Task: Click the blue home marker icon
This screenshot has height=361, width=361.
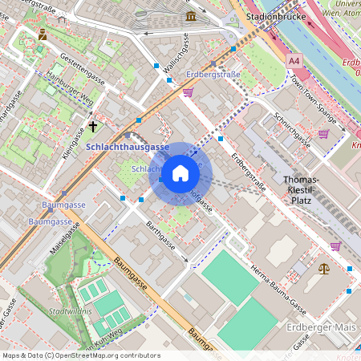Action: point(180,173)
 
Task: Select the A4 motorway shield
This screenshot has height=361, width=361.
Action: point(294,59)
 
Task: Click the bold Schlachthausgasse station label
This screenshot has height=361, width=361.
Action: point(127,148)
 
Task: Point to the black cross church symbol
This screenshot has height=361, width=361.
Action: point(93,126)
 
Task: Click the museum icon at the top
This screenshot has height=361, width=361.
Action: point(191,16)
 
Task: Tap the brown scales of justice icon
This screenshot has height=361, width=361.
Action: point(323,269)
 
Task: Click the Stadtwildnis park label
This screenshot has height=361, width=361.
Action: point(71,310)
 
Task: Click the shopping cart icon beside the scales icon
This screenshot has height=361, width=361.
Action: point(335,246)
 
